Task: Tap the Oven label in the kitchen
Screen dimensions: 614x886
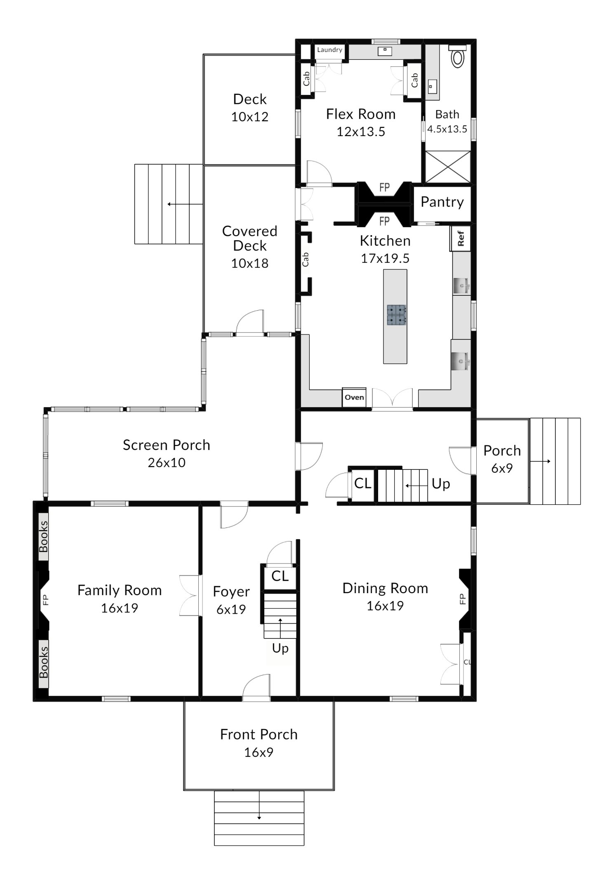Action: coord(354,397)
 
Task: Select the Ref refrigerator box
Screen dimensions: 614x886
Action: coord(460,238)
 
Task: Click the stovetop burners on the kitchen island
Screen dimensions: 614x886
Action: coord(396,315)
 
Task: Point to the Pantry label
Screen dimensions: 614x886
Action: coord(442,202)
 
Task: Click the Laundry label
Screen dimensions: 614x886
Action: coord(329,50)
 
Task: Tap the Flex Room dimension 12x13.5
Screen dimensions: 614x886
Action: coord(361,132)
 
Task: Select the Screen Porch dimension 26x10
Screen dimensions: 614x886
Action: coord(167,462)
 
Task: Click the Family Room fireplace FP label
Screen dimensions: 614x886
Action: coord(45,599)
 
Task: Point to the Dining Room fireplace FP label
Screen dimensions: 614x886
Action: coord(462,599)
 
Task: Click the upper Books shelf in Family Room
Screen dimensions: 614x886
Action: coord(43,537)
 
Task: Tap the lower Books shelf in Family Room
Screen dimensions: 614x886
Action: coord(43,664)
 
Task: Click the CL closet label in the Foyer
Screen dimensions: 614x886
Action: coord(280,576)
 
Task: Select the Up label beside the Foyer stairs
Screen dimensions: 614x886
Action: coord(280,648)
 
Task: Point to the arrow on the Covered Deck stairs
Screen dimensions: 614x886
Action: coord(185,204)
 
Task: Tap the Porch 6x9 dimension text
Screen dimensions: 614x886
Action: coord(502,468)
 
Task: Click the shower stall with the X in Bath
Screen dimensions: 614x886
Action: coord(447,167)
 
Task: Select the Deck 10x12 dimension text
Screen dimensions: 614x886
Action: coord(249,117)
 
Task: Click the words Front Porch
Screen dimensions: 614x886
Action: coord(259,735)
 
